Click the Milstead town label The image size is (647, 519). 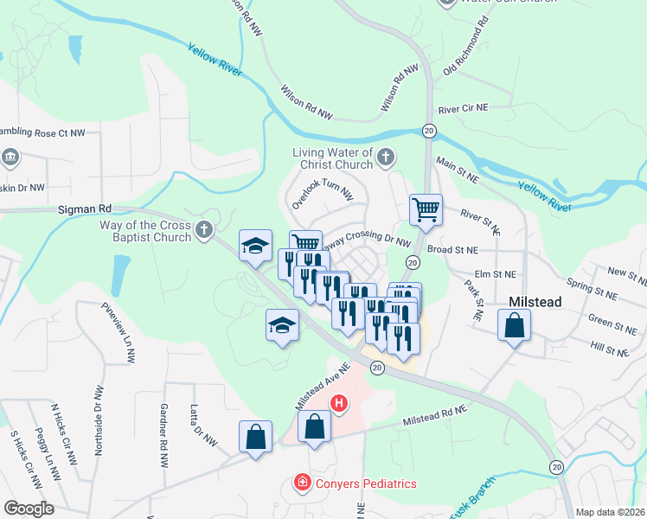[535, 301]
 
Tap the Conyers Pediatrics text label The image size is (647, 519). [355, 484]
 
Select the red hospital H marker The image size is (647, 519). [340, 403]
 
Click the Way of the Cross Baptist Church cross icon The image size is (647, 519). [204, 229]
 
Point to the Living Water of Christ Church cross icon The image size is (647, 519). [386, 157]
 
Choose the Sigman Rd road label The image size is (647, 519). [86, 209]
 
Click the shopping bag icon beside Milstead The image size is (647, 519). [514, 326]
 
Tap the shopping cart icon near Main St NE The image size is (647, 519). [426, 209]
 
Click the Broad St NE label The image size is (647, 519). [477, 250]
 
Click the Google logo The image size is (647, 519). [28, 508]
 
